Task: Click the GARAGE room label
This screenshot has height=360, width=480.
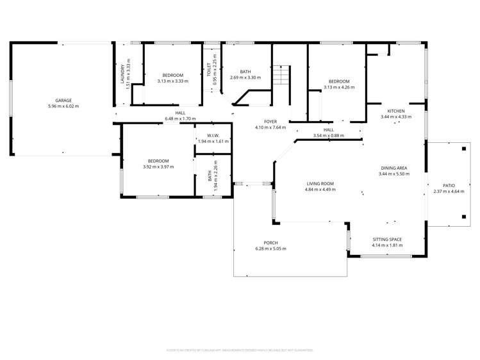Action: (x=63, y=101)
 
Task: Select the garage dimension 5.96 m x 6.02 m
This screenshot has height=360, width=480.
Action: (x=63, y=106)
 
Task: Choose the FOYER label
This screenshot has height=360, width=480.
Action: (x=270, y=121)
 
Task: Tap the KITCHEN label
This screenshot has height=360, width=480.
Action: (x=396, y=111)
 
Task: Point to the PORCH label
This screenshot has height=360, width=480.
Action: (x=270, y=243)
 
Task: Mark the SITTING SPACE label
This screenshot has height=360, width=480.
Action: (x=387, y=240)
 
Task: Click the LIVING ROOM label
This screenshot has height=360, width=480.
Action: (x=319, y=183)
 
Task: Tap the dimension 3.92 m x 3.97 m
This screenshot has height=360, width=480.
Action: (x=158, y=167)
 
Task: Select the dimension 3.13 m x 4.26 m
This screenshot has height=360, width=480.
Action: (x=339, y=87)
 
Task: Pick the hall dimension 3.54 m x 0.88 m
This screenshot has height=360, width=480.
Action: (x=328, y=135)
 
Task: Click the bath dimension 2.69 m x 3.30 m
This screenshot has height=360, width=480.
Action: (x=245, y=77)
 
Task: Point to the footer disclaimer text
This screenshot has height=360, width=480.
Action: (x=240, y=350)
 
